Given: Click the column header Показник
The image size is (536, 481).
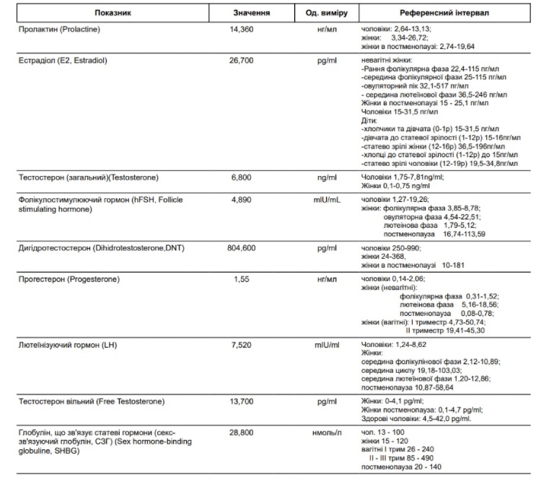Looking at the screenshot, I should tap(116, 14).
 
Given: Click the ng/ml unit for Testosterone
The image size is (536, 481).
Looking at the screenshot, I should tap(326, 177).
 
